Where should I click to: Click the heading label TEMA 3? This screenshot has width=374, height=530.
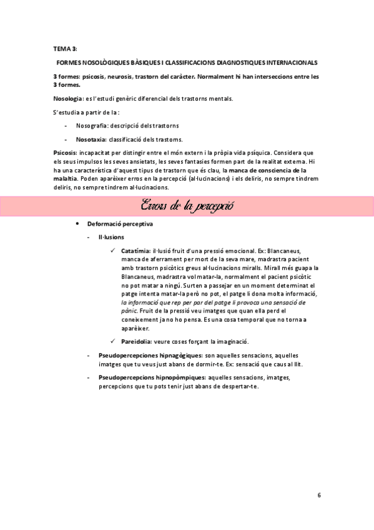[x=65, y=47]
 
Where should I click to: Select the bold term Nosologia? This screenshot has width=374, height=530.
[x=69, y=99]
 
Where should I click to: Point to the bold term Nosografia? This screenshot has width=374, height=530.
[x=94, y=126]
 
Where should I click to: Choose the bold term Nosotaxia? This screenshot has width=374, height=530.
[x=93, y=139]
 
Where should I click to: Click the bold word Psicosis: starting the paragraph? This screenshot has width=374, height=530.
[x=66, y=152]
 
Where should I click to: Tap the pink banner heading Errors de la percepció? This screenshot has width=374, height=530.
[x=187, y=206]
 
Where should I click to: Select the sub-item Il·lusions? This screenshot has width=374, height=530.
[x=111, y=237]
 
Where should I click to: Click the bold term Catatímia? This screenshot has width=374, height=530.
[x=137, y=251]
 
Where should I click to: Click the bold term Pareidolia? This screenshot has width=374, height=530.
[x=138, y=341]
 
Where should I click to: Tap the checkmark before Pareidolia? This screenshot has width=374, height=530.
[x=113, y=341]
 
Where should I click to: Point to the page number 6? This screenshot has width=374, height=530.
[x=318, y=495]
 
